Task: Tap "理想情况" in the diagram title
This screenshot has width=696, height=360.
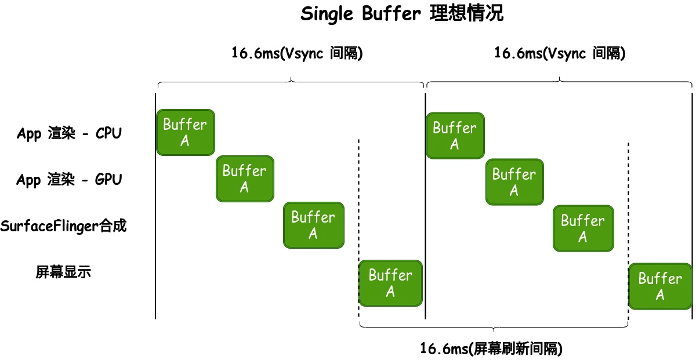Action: click(x=467, y=14)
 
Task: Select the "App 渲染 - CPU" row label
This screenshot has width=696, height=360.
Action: click(x=69, y=133)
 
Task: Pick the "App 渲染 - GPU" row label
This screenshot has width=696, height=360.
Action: click(x=69, y=180)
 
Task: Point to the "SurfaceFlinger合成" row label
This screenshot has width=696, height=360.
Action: click(x=63, y=226)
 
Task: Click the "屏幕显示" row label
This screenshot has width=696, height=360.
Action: click(x=63, y=272)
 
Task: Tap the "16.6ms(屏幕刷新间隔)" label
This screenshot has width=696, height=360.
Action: click(x=491, y=348)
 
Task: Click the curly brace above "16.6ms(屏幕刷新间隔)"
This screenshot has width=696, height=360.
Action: click(x=494, y=326)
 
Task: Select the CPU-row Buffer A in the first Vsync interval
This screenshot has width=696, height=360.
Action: click(x=185, y=132)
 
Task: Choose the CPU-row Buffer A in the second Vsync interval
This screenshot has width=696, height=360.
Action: click(x=455, y=136)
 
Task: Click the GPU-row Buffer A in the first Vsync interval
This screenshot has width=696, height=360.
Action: click(x=245, y=179)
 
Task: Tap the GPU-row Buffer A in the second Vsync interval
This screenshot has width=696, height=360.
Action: click(x=514, y=182)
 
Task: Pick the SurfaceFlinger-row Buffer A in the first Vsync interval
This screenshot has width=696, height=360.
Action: click(x=313, y=225)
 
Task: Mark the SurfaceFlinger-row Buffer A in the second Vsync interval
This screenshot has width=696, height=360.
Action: click(x=583, y=228)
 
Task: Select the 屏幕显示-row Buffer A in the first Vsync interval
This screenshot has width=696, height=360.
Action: click(x=390, y=283)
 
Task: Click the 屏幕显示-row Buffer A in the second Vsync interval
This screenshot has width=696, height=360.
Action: click(x=660, y=286)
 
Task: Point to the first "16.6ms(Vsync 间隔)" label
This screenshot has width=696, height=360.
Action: click(x=298, y=54)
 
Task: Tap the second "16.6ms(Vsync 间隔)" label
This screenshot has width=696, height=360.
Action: click(x=560, y=54)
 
